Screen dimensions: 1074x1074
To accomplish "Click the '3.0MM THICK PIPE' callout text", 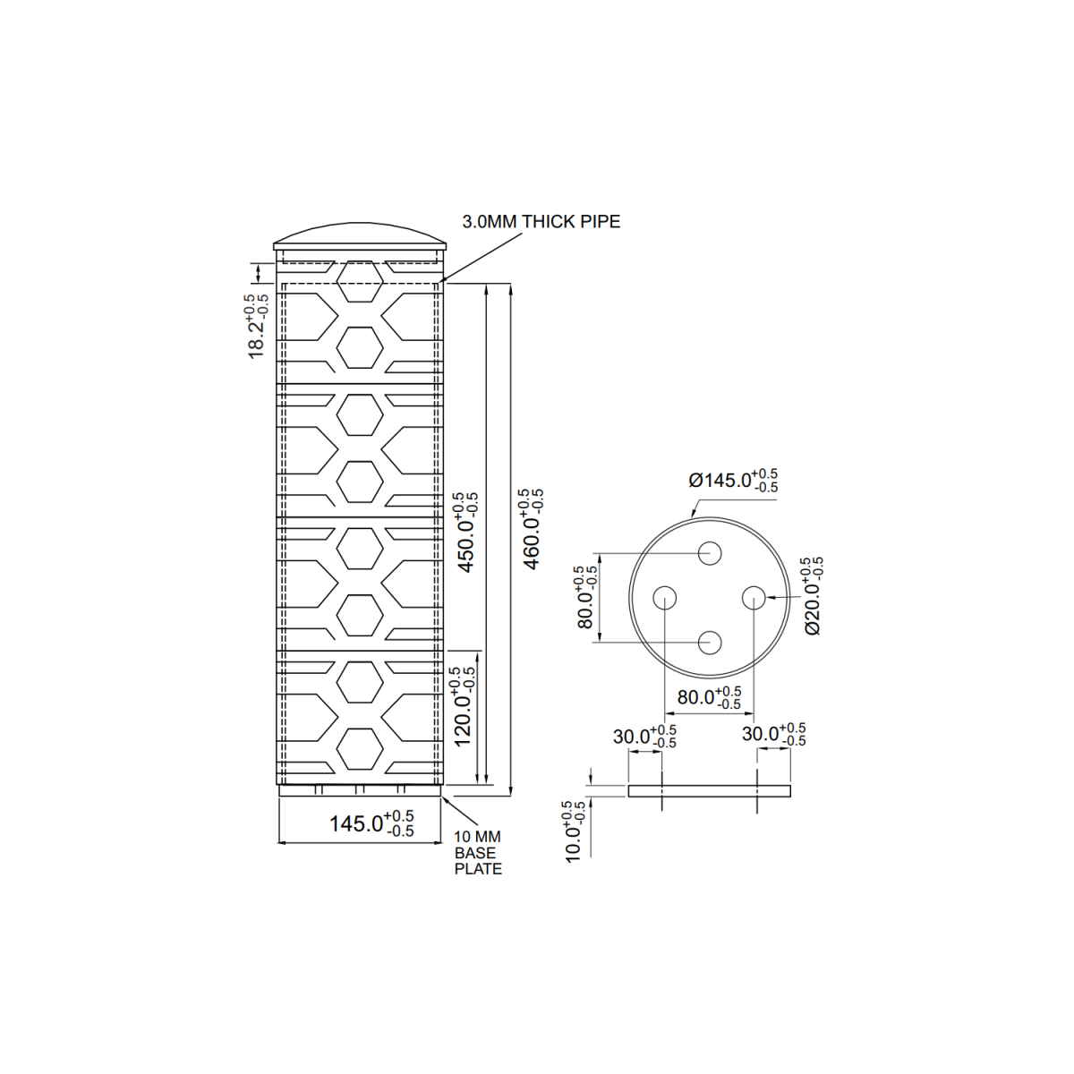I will coord(541,222).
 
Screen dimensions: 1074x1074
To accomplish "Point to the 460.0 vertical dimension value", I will coord(532,530).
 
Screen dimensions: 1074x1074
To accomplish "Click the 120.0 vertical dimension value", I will coord(462,707).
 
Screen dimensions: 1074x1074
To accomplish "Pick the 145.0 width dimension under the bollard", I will coord(371,823).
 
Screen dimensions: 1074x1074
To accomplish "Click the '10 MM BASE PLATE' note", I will coord(478,853).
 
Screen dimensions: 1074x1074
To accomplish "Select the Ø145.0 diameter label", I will coord(732,481).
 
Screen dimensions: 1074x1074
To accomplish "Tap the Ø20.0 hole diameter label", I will coord(813,596).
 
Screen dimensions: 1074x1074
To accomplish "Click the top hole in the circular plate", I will coord(710,552).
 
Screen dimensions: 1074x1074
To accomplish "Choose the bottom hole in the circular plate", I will coord(710,643).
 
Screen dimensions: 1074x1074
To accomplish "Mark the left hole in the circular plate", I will coord(665,597).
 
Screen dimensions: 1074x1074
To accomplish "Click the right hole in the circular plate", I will coord(754,597).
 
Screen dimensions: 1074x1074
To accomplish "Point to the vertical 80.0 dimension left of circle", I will coord(585,598).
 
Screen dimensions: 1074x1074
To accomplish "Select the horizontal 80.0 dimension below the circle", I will coord(709,698).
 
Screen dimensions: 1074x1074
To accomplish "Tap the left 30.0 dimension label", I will coord(644,737).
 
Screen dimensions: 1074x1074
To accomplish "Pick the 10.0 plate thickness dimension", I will coord(574,832).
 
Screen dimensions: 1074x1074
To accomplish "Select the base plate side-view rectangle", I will coord(709,790).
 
